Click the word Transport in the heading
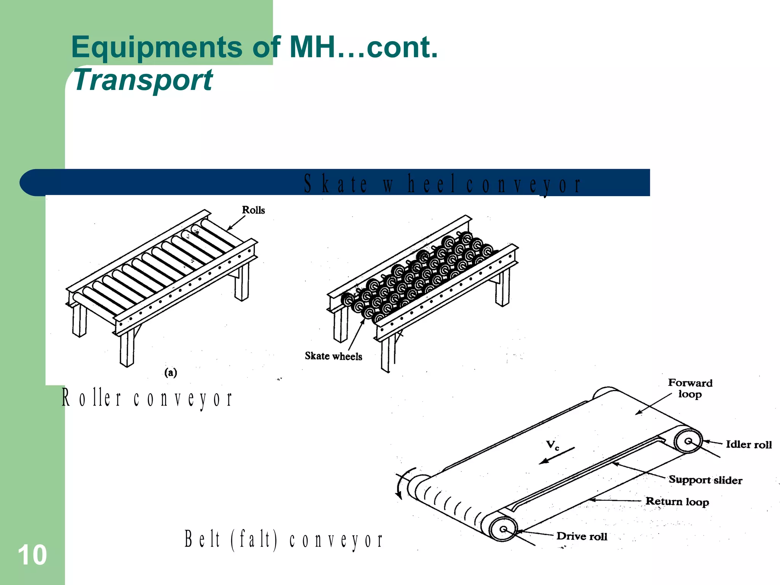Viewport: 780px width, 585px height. tap(143, 80)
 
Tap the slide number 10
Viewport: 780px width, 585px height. tap(32, 555)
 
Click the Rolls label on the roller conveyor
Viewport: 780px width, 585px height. tap(253, 210)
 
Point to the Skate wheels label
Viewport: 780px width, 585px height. tap(333, 356)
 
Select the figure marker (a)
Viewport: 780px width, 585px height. tap(171, 372)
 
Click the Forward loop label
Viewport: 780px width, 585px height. tap(690, 388)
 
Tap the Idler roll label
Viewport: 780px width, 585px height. tap(748, 444)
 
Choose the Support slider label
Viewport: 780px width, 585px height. tap(705, 480)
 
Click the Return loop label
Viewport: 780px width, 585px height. tap(677, 502)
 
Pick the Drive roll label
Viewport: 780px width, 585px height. tap(582, 536)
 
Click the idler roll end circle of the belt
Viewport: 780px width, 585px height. tap(688, 441)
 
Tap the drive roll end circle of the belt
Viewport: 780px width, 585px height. tap(503, 529)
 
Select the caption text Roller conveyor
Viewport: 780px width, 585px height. tap(147, 398)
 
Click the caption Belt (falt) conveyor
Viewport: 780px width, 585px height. tap(284, 540)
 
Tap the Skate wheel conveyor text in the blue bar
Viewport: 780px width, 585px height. tap(442, 184)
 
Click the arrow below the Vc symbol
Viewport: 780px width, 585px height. tap(557, 456)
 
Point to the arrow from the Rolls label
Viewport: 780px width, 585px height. tap(236, 223)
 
